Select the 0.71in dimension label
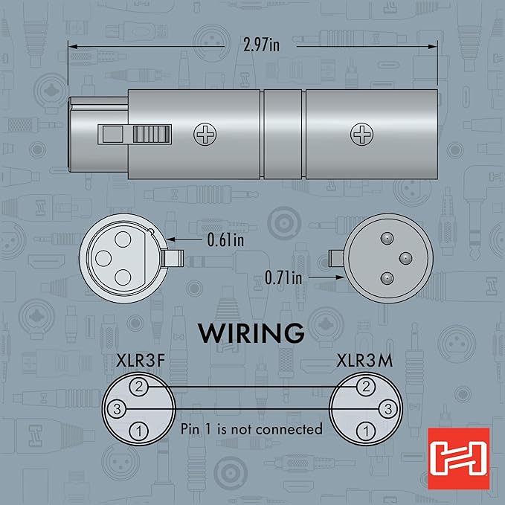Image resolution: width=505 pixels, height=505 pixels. click(283, 278)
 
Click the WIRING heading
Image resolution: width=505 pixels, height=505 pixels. click(251, 332)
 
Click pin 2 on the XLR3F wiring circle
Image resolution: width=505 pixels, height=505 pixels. click(139, 385)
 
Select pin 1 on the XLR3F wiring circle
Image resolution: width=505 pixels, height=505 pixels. click(139, 431)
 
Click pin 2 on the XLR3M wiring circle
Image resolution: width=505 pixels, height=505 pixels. click(365, 385)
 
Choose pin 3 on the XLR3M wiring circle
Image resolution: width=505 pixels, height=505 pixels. click(387, 408)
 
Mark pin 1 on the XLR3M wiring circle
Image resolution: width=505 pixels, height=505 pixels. click(365, 431)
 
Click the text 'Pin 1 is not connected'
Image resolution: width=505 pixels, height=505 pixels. click(251, 429)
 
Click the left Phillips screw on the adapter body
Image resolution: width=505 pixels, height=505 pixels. click(205, 134)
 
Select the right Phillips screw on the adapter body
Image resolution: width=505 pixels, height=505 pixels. click(362, 134)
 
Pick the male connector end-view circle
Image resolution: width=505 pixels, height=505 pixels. click(384, 257)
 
